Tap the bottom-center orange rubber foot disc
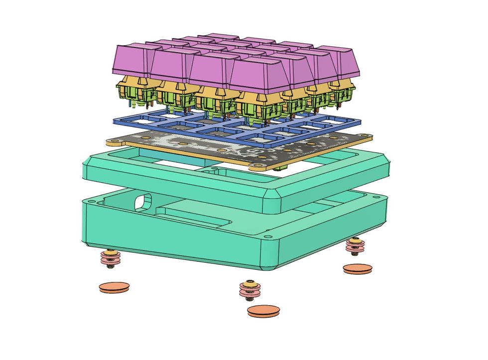(263, 311)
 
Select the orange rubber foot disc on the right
(357, 269)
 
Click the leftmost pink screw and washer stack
(110, 258)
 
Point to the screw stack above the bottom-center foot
(249, 289)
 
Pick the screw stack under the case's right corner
(355, 246)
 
